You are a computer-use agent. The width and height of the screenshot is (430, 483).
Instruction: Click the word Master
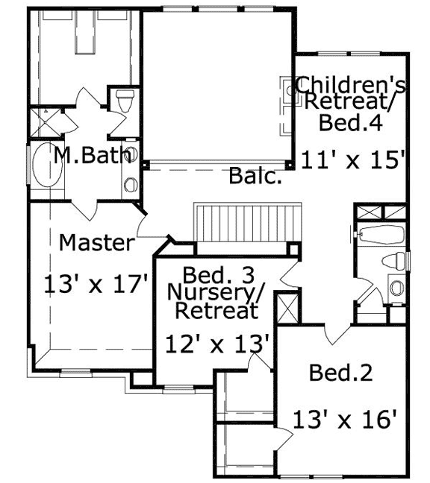tap(97, 242)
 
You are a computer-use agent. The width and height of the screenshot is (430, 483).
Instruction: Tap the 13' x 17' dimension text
tap(97, 284)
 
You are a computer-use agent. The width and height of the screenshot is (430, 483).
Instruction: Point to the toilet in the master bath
tap(124, 100)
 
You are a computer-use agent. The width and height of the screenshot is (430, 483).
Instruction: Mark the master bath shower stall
tap(46, 123)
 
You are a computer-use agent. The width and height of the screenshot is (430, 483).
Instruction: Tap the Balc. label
tap(255, 177)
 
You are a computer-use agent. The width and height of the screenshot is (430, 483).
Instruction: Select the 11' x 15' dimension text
tap(353, 159)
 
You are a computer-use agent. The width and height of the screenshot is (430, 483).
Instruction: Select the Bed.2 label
tap(340, 372)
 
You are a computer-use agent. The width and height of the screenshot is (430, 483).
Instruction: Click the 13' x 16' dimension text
tap(343, 420)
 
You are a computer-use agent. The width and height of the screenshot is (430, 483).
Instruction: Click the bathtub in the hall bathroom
tap(381, 236)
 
